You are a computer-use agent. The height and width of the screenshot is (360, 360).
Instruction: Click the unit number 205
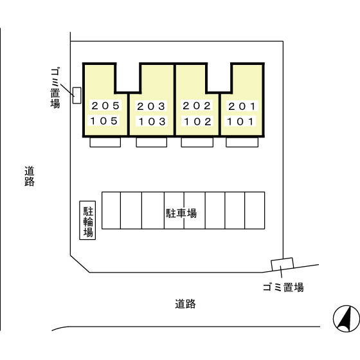click(105, 106)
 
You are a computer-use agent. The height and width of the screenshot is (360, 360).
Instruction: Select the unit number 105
click(104, 121)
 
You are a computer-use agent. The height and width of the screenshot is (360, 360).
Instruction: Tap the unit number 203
click(151, 106)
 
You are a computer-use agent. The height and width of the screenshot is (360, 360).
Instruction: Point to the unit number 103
click(152, 122)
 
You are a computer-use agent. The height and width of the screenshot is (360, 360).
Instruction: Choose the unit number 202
click(197, 106)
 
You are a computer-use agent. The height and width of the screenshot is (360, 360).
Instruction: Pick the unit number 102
click(198, 122)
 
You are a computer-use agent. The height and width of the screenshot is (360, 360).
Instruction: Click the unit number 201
click(242, 106)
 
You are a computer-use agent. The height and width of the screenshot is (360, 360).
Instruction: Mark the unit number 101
click(240, 122)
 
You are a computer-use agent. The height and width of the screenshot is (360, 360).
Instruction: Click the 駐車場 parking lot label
click(181, 213)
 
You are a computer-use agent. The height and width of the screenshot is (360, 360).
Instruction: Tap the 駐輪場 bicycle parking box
click(87, 221)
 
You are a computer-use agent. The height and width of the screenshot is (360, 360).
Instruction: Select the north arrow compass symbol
click(346, 319)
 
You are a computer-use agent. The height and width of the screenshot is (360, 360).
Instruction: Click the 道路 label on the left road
click(30, 176)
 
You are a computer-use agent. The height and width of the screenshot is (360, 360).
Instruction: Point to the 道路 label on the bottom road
click(185, 304)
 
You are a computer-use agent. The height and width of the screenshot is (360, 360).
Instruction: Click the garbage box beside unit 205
click(77, 95)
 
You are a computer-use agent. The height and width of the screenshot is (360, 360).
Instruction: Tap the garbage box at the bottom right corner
click(282, 264)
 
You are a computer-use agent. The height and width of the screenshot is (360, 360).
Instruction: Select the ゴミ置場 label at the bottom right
click(283, 287)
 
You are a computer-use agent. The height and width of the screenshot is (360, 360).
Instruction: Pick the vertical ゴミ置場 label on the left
click(55, 87)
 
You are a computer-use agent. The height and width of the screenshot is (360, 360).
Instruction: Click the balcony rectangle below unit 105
click(105, 142)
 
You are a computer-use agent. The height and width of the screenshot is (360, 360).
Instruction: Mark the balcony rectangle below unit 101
click(242, 142)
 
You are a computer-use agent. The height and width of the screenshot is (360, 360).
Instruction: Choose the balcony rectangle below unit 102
click(197, 142)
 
